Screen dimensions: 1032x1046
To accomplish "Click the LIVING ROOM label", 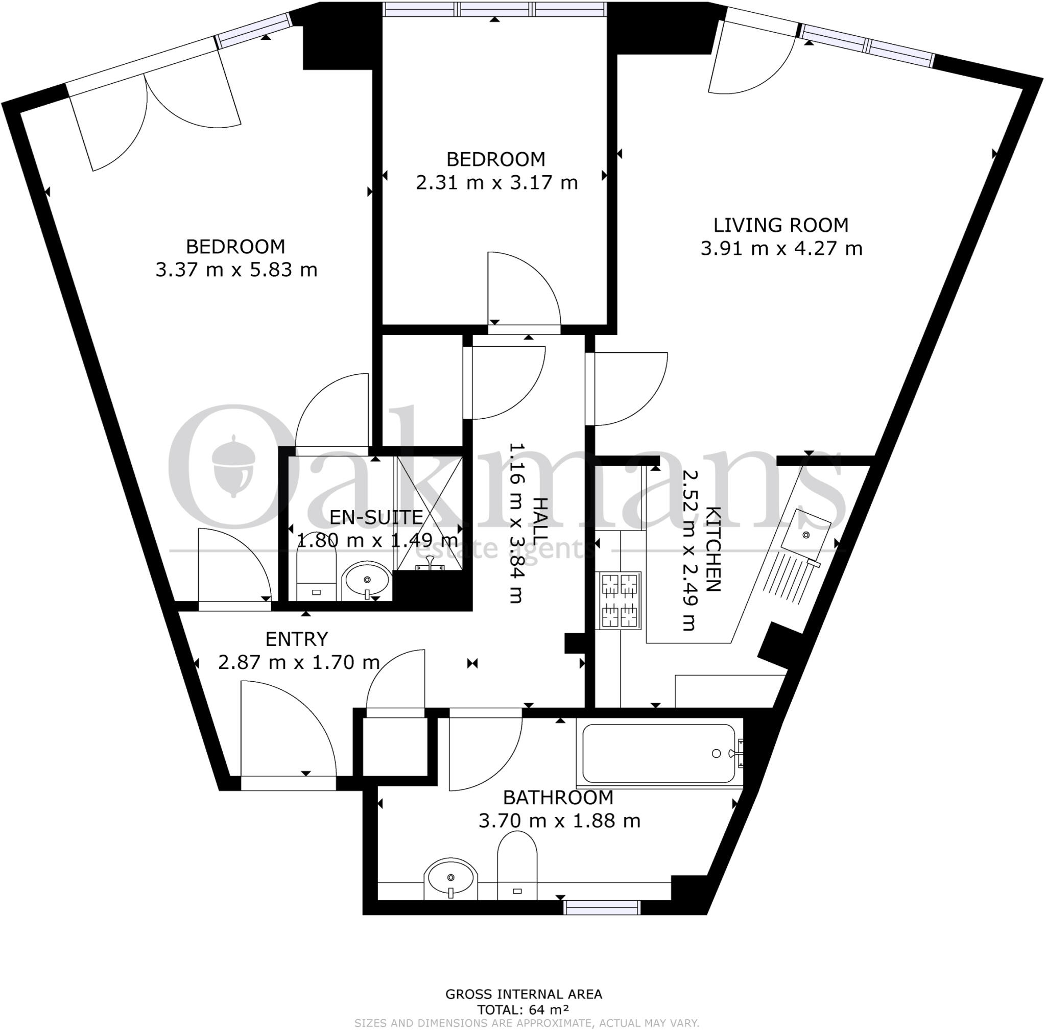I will tap(780, 225).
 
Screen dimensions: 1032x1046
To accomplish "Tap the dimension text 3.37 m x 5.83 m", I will tap(236, 270).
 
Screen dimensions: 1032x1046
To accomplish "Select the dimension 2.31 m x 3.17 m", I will tap(496, 183).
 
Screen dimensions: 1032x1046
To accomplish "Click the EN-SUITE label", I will tap(376, 517).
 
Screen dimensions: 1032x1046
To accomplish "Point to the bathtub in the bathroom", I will tap(659, 753).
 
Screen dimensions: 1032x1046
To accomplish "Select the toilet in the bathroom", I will tap(517, 867).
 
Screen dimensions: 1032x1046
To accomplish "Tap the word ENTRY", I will tap(297, 639).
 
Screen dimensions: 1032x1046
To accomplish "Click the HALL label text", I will tap(540, 521).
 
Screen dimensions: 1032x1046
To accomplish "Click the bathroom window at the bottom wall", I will tap(602, 907).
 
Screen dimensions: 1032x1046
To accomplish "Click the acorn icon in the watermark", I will tap(233, 467).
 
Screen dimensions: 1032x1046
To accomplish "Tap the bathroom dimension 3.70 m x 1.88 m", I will tap(559, 821).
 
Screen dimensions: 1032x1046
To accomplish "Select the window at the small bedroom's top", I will tap(494, 9).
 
